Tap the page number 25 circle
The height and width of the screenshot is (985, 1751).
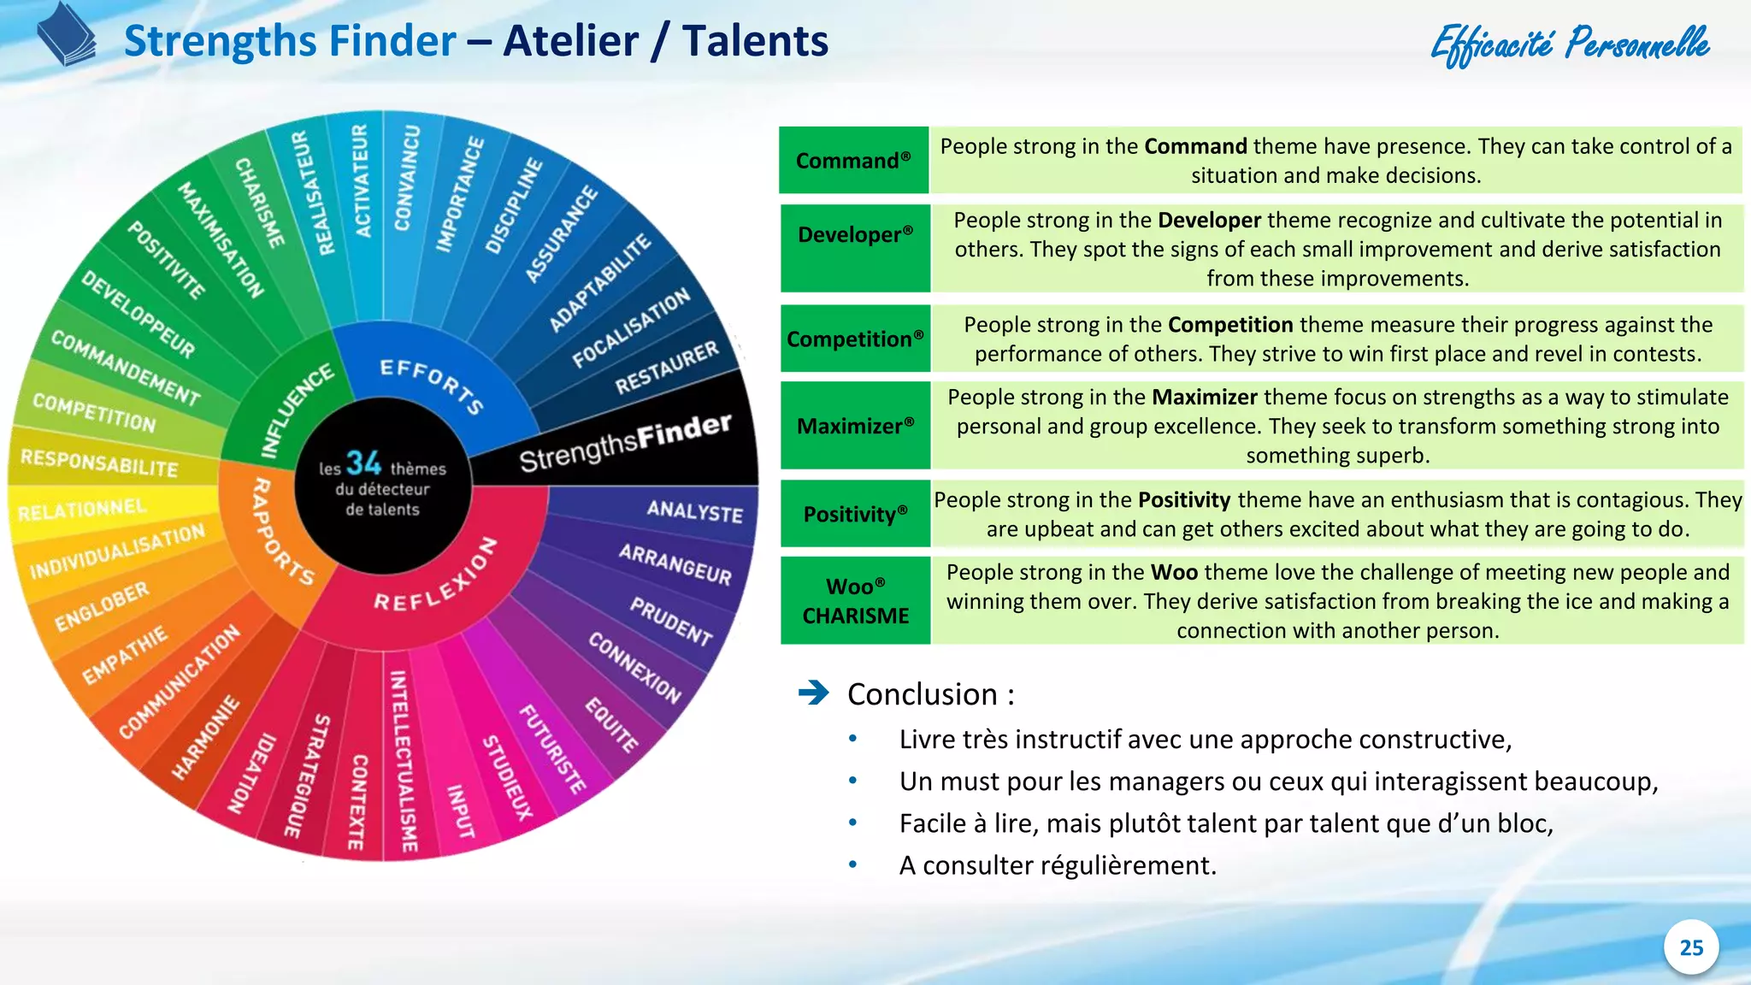pyautogui.click(x=1690, y=947)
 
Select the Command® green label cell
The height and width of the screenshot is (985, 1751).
pyautogui.click(x=853, y=161)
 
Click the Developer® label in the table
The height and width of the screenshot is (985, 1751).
pyautogui.click(x=855, y=235)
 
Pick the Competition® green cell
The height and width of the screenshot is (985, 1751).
pyautogui.click(x=855, y=339)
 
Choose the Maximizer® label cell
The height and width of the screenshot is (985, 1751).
pyautogui.click(x=855, y=426)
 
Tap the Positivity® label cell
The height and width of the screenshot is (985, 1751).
pyautogui.click(x=855, y=514)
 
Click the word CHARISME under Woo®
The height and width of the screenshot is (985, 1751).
pyautogui.click(x=855, y=616)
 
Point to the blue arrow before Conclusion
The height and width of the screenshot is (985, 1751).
pyautogui.click(x=813, y=693)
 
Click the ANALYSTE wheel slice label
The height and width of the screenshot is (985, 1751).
pyautogui.click(x=694, y=511)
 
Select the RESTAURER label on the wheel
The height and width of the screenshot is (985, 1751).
pyautogui.click(x=667, y=369)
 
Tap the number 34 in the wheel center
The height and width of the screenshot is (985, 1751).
pyautogui.click(x=363, y=463)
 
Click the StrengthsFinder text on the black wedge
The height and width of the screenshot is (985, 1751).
pyautogui.click(x=625, y=443)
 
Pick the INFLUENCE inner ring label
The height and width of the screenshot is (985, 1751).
pyautogui.click(x=297, y=411)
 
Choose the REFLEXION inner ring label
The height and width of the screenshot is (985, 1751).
pyautogui.click(x=436, y=577)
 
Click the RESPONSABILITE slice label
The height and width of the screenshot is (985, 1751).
pyautogui.click(x=99, y=463)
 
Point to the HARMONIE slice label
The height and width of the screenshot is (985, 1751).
pyautogui.click(x=205, y=738)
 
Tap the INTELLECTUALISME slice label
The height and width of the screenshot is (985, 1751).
pyautogui.click(x=404, y=761)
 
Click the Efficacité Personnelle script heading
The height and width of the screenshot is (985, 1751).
pyautogui.click(x=1570, y=44)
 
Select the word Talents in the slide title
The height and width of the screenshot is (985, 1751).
pyautogui.click(x=755, y=41)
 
